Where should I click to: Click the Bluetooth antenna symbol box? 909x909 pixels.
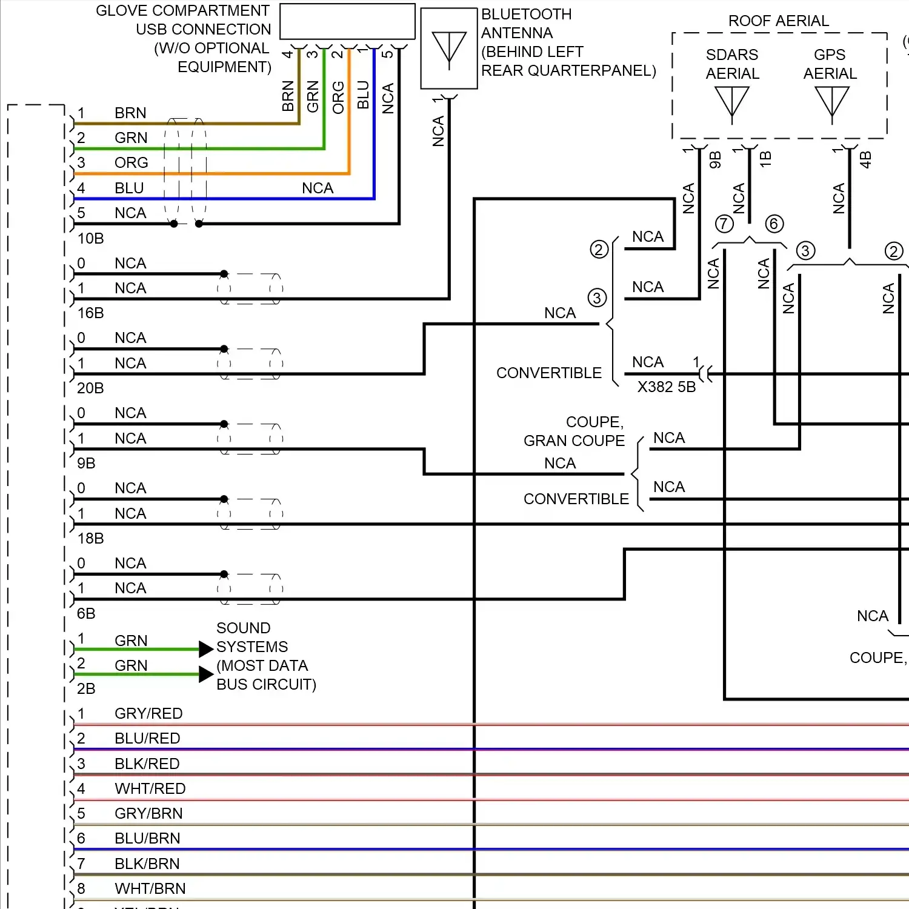pos(449,48)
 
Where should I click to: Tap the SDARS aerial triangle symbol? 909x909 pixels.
pos(732,102)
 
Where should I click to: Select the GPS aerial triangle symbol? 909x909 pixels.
pos(832,102)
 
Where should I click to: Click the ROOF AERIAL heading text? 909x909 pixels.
pos(778,21)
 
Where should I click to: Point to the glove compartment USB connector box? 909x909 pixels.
pos(347,22)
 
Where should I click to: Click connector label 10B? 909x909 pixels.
pos(90,239)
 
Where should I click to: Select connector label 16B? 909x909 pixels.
pos(90,313)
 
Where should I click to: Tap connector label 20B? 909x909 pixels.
pos(90,388)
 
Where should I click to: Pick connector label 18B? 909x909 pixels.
pos(90,539)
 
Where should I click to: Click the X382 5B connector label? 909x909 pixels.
pos(666,387)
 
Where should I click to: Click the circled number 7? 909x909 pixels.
pos(724,224)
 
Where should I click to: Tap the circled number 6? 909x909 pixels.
pos(774,224)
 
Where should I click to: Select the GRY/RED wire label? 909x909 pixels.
pos(148,714)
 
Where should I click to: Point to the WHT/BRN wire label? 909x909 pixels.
pos(150,889)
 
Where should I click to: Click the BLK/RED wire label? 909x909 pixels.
pos(147,764)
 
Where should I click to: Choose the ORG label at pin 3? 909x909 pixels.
pos(131,163)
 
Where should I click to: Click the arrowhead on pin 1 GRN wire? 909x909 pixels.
pos(206,649)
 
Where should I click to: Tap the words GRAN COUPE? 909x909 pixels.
pos(574,441)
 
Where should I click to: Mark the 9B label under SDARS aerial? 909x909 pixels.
pos(715,160)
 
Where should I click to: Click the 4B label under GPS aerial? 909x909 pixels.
pos(865,160)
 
